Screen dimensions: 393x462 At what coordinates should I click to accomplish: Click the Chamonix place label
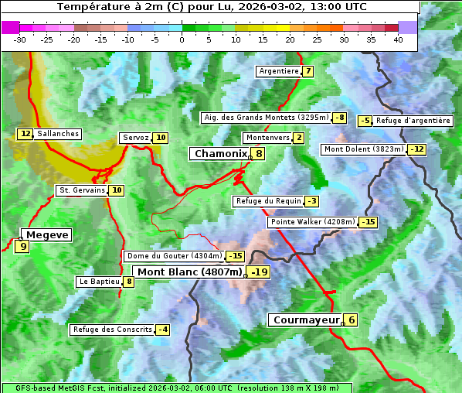coord(220,154)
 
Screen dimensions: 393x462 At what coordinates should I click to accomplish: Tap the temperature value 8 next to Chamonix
coord(260,154)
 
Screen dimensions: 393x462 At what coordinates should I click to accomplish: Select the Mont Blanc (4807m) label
coord(189,272)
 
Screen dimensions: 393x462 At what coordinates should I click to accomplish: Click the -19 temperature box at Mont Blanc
coord(259,272)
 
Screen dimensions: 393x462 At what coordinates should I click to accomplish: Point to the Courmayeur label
coord(307,320)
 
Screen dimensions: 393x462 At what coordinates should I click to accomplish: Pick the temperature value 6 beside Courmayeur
coord(352,320)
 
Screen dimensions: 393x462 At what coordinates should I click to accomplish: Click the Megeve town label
coord(48,234)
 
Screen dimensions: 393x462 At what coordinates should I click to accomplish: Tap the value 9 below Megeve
coord(22,248)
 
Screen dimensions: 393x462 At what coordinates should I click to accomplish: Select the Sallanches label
coord(58,134)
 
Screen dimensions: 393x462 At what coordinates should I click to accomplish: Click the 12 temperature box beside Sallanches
coord(25,134)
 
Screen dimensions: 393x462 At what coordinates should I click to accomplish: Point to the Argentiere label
coord(279,71)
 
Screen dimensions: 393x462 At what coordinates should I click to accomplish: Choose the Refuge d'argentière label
coord(413,121)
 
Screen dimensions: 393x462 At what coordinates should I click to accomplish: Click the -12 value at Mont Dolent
coord(417,149)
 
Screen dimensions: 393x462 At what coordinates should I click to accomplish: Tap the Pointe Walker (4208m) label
coord(312,222)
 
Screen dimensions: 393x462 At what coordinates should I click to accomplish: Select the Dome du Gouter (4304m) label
coord(174,256)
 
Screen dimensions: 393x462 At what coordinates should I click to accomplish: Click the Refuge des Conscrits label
coord(112,330)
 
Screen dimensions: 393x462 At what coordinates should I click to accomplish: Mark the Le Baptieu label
coord(98,282)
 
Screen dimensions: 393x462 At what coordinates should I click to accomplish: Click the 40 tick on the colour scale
coord(398,39)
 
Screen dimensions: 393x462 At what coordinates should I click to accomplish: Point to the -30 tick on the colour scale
coord(20,39)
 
